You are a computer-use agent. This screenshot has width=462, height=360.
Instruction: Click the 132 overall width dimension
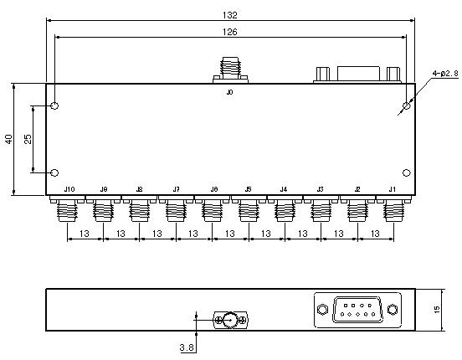coord(230,15)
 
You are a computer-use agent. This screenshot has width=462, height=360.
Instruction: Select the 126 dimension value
coord(230,32)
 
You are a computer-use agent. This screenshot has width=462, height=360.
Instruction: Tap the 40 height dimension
coord(9,139)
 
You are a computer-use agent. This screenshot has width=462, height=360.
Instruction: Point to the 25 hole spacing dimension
coord(28,139)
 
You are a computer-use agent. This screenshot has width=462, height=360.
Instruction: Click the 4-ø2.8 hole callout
coord(445,73)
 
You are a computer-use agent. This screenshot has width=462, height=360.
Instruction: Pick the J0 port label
coord(229,92)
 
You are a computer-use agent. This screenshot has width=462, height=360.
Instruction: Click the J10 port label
coord(69,189)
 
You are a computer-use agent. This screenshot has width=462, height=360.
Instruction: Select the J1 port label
coord(393,189)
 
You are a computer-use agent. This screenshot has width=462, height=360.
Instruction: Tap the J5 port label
coord(248,189)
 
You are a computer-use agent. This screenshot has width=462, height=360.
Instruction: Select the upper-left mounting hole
coord(54,105)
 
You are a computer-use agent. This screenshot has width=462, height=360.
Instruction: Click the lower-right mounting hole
coord(406,172)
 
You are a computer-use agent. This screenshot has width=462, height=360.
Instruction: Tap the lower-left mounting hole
coord(54,172)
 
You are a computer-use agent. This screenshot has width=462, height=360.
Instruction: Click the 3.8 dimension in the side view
coord(187,348)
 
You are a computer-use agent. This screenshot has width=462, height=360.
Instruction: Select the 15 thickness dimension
coord(437,309)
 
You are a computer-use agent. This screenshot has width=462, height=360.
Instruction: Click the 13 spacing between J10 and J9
coord(85,234)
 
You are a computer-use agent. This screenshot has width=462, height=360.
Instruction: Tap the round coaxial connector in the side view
coord(230,320)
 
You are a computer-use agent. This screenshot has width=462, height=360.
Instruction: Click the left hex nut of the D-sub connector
coord(322,309)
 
